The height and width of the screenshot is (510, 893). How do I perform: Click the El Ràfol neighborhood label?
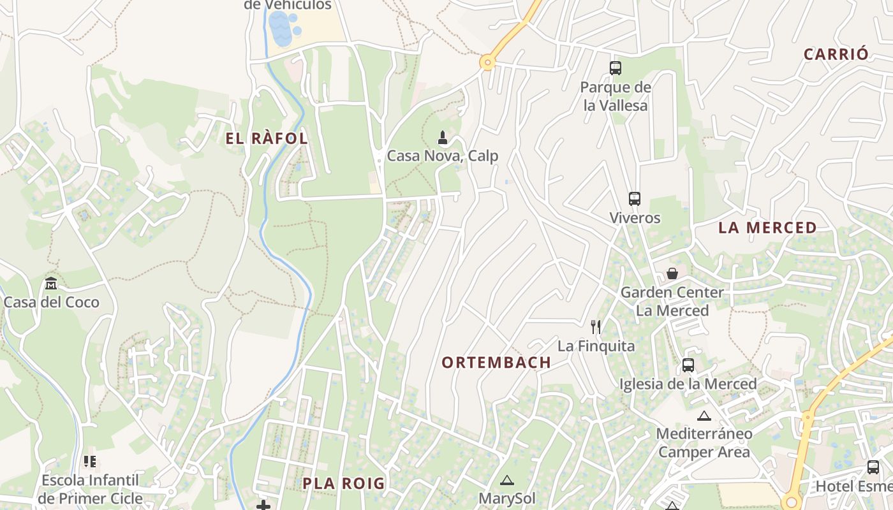tap(267, 138)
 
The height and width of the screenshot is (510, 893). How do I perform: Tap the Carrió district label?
tap(836, 54)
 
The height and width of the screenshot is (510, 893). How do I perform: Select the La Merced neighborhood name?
tap(767, 228)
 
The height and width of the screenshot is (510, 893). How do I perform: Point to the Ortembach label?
tap(496, 363)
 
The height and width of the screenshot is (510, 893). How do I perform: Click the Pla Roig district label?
tap(344, 483)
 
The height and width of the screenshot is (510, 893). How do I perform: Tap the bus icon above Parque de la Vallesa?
tap(615, 68)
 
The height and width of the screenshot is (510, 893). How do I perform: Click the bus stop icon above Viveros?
tap(634, 199)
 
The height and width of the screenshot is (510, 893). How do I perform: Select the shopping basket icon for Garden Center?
tap(672, 273)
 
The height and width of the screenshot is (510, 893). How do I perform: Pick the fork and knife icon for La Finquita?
tap(596, 327)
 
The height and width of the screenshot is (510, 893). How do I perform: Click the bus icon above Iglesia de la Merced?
tap(688, 365)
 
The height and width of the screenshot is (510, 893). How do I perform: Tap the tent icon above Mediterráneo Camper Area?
tap(704, 416)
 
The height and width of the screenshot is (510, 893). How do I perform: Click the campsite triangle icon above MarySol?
tap(506, 480)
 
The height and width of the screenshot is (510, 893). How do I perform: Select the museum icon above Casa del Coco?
tap(51, 283)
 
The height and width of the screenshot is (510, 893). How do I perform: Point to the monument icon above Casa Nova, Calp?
tap(443, 137)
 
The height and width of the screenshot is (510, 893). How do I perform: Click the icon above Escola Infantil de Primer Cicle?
tap(89, 461)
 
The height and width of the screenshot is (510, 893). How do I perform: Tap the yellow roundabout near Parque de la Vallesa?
tap(488, 62)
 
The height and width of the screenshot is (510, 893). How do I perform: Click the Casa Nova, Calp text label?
tap(443, 156)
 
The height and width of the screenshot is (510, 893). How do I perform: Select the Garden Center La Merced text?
tap(672, 302)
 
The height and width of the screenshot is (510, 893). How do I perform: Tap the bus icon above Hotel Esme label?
tap(873, 467)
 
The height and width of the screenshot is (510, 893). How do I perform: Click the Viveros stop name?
tap(635, 217)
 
